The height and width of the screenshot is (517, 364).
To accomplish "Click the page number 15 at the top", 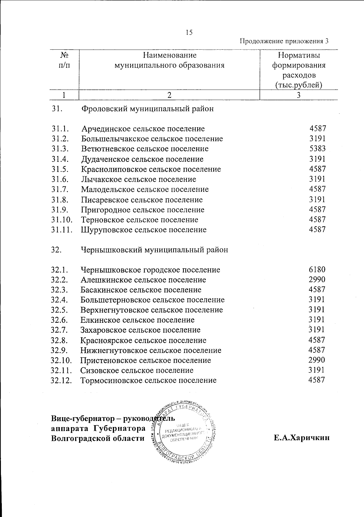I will [189, 32].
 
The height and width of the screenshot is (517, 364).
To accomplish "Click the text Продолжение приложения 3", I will [284, 41].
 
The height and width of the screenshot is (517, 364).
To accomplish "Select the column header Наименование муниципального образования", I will [169, 60].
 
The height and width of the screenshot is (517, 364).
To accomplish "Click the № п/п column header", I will [64, 60].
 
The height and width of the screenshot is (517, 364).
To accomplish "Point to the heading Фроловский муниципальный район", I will [147, 109].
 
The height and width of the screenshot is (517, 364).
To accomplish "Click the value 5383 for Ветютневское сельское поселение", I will [317, 149].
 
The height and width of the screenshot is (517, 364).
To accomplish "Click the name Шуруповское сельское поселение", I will [144, 230].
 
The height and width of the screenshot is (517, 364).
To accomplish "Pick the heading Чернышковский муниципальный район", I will [154, 250].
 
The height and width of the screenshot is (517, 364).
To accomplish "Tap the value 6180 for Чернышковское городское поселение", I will [317, 269].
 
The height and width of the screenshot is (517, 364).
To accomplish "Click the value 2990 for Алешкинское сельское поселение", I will [317, 279].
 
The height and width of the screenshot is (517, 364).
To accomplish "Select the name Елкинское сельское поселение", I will [137, 320].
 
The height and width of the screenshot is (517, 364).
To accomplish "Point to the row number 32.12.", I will [62, 380].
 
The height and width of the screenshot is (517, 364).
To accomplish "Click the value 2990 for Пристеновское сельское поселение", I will [317, 360].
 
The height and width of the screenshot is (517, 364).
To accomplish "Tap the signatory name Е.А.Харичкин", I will [301, 438].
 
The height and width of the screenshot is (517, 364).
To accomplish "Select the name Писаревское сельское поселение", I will [142, 200].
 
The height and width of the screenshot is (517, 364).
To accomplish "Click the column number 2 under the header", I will [169, 95].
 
